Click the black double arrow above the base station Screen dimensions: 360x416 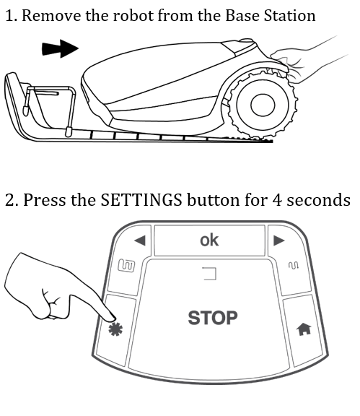[61, 48]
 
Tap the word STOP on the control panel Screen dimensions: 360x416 [213, 318]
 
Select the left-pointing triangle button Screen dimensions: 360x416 [140, 240]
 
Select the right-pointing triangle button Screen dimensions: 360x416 [278, 240]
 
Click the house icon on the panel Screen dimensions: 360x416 [304, 329]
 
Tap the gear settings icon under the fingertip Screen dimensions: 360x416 [115, 329]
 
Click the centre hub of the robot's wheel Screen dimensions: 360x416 [263, 105]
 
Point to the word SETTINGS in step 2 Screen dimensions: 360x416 [141, 199]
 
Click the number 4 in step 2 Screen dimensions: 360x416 [277, 200]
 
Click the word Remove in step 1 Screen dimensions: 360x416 [51, 16]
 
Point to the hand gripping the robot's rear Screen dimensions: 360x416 [302, 61]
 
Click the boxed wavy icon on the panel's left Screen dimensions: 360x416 [126, 266]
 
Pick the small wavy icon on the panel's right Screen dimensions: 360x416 [294, 265]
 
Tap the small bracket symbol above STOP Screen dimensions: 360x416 [210, 274]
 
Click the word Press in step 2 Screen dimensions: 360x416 [44, 199]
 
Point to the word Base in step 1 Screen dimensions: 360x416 [242, 16]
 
